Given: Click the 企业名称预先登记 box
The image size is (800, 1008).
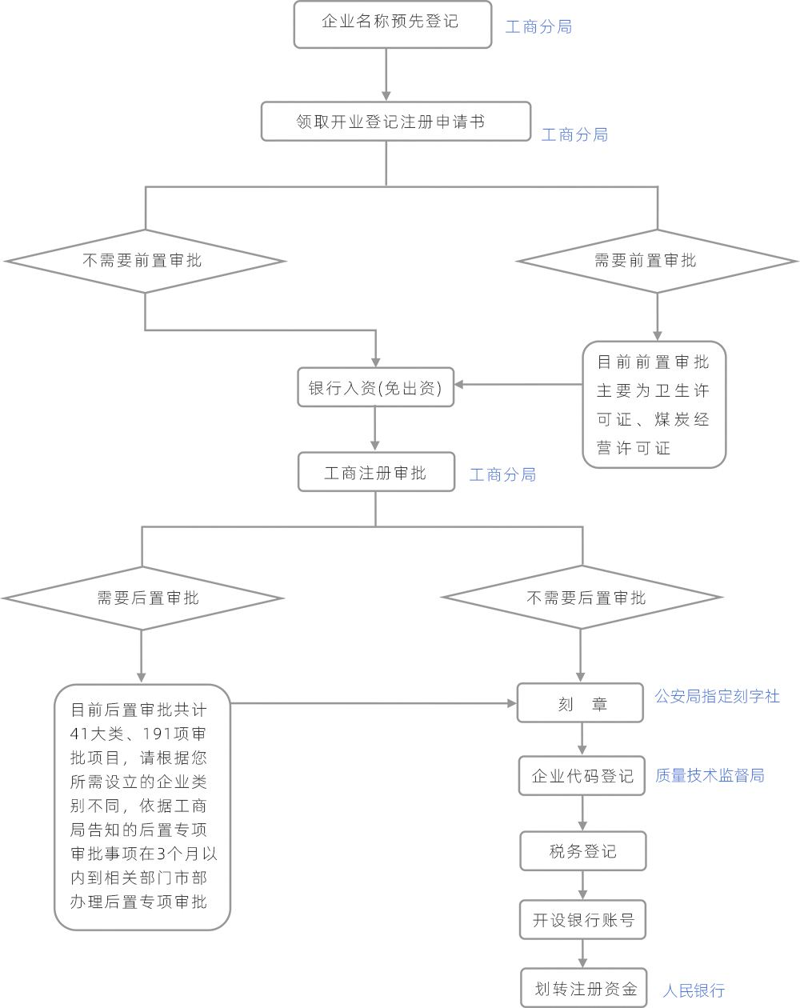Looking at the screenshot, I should pyautogui.click(x=392, y=24).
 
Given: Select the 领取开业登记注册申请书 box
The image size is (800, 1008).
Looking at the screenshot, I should pyautogui.click(x=396, y=122).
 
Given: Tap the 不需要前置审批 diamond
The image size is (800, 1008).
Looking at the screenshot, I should pyautogui.click(x=145, y=261).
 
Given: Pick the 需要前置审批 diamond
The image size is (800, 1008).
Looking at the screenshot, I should pyautogui.click(x=657, y=261).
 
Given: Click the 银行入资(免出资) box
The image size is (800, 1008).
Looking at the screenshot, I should pyautogui.click(x=375, y=387).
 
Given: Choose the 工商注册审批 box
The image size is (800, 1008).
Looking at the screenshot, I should pyautogui.click(x=376, y=473).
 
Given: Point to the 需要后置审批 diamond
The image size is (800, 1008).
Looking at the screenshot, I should pyautogui.click(x=142, y=598).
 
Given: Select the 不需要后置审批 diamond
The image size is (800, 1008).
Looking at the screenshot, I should pyautogui.click(x=582, y=598).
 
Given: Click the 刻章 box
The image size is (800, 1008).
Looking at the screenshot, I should pyautogui.click(x=581, y=703).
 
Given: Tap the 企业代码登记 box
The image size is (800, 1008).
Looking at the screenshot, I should pyautogui.click(x=582, y=775).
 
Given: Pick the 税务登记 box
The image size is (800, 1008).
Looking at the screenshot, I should pyautogui.click(x=582, y=851).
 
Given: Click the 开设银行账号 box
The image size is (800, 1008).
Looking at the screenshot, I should pyautogui.click(x=582, y=920).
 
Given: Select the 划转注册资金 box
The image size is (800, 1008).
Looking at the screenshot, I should pyautogui.click(x=584, y=989).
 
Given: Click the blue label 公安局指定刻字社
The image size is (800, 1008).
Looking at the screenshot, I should pyautogui.click(x=717, y=697).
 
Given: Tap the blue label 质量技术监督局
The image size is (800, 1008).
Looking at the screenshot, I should pyautogui.click(x=710, y=775).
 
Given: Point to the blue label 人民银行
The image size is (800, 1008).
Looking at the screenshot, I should pyautogui.click(x=694, y=991).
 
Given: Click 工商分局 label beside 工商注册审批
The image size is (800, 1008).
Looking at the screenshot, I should pyautogui.click(x=502, y=475).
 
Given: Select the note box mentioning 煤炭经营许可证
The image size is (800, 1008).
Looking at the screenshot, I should pyautogui.click(x=654, y=405).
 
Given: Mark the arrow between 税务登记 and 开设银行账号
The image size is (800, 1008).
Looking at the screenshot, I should pyautogui.click(x=582, y=886).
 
